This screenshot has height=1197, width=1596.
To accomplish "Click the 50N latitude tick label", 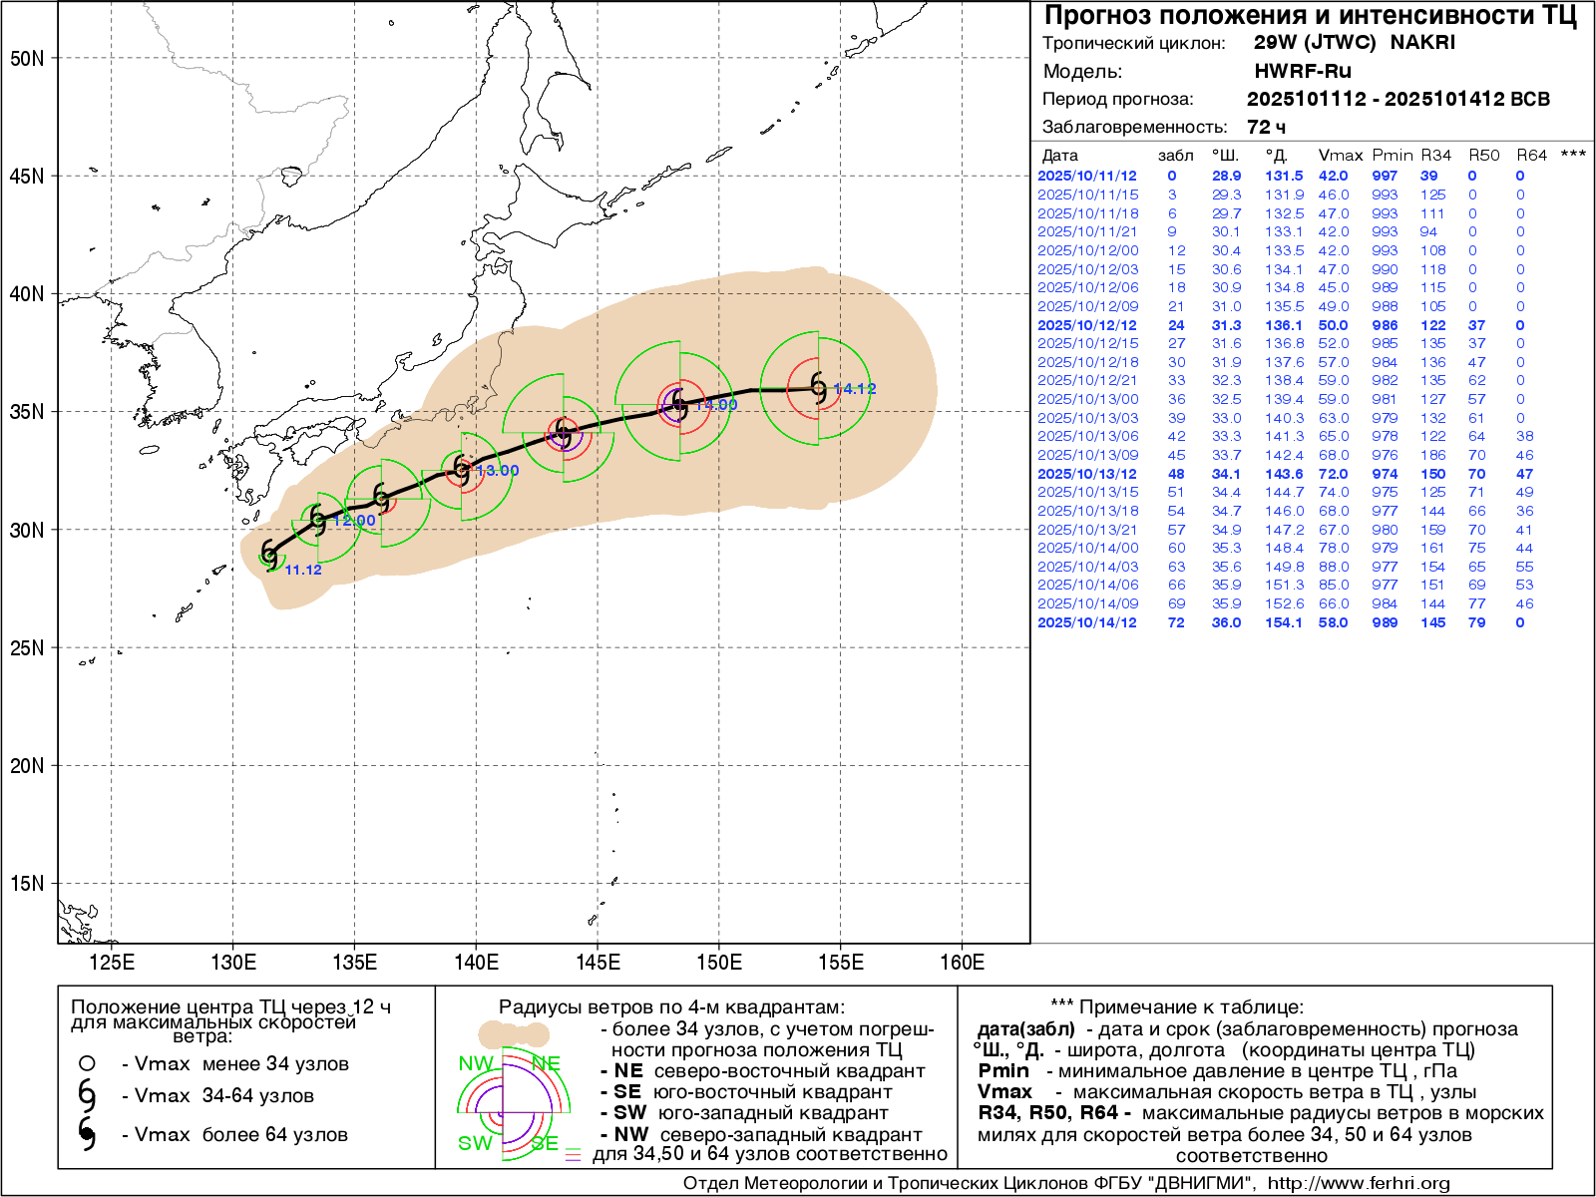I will click(x=27, y=58).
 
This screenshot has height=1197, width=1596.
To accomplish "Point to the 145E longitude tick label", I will click(x=598, y=963).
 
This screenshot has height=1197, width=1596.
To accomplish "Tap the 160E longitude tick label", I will click(x=962, y=963).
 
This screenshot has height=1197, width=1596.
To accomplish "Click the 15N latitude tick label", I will click(x=27, y=883).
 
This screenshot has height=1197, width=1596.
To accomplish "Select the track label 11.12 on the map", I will click(x=303, y=570).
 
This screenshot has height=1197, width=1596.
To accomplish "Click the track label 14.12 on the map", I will click(x=854, y=389).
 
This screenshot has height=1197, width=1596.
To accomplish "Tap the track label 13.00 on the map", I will click(x=497, y=471).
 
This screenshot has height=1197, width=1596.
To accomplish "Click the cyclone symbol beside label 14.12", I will click(x=819, y=388).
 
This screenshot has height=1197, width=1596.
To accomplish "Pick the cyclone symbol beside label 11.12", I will click(x=269, y=554).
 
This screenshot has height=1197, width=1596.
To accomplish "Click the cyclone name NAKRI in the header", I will click(x=1422, y=43).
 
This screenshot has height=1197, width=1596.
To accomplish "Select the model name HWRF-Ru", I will click(x=1302, y=71).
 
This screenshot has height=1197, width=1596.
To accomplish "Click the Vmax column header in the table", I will click(x=1340, y=156).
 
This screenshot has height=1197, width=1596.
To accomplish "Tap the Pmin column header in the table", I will click(x=1392, y=156).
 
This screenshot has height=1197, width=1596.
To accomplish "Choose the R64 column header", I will click(x=1531, y=156).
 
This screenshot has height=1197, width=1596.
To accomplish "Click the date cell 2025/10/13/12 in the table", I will click(x=1086, y=474).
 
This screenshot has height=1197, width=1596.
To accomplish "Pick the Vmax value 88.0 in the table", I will click(x=1333, y=567).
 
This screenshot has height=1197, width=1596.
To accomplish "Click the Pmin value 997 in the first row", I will click(x=1385, y=176).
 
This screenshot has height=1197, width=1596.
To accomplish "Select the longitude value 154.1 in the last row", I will click(x=1284, y=622).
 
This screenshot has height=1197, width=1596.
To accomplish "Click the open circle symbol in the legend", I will click(x=87, y=1063).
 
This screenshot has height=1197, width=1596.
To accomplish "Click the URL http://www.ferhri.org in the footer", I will click(x=1359, y=1183).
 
